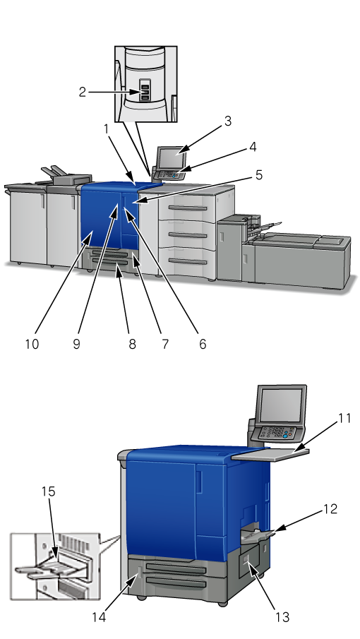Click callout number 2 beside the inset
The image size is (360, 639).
tap(83, 92)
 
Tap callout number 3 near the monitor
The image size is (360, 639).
tap(227, 121)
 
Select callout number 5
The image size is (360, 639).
tap(259, 175)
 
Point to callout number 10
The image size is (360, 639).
tap(32, 344)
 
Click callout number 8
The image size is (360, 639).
tap(133, 344)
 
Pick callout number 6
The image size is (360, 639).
tap(203, 344)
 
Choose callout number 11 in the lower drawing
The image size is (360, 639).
tap(344, 418)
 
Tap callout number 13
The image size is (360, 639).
tap(282, 617)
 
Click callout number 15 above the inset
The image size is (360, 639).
tap(48, 491)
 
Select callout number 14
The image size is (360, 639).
tap(99, 617)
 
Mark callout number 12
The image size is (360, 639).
tap(330, 508)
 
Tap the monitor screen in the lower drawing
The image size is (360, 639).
tap(282, 405)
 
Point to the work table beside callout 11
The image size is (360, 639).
tap(270, 455)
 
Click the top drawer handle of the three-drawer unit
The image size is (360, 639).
tap(188, 208)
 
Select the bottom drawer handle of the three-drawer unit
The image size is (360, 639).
tap(188, 261)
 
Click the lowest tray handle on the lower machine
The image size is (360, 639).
tap(176, 583)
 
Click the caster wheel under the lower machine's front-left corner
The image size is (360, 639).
tap(141, 598)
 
